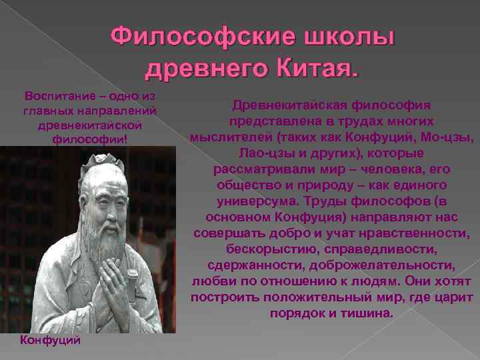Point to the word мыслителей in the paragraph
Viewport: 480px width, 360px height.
click(223, 137)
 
